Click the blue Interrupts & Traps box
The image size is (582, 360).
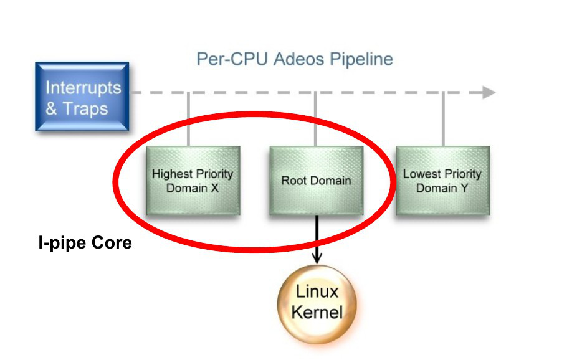point(82,97)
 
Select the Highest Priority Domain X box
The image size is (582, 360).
point(193,181)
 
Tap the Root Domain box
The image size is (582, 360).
point(316,181)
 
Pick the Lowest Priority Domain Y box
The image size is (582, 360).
point(442,181)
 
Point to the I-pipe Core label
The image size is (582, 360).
point(85,242)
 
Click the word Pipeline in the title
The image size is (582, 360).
point(361,59)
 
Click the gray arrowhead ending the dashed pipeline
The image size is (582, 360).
point(489,93)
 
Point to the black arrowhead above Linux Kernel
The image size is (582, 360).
point(317,257)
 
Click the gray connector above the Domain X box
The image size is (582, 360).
point(188,120)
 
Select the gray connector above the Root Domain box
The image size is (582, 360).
point(316,120)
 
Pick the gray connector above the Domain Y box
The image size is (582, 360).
point(443,120)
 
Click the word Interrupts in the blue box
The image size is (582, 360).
point(83,87)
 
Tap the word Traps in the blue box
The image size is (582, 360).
point(85,108)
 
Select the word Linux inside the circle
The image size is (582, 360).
point(317,291)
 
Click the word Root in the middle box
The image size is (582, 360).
point(293,181)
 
